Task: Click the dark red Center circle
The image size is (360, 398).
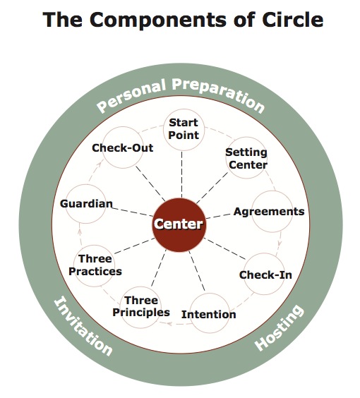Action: point(179,225)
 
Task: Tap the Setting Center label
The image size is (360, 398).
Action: point(246,159)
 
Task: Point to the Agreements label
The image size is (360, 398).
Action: point(269,211)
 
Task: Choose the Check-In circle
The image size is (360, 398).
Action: point(265,274)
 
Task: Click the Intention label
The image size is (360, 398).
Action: point(209,313)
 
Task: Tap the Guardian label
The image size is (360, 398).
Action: point(86,204)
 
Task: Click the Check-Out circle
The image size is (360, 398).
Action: point(123,148)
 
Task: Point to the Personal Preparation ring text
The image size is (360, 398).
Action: point(181,95)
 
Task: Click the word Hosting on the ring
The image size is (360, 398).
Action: point(279,327)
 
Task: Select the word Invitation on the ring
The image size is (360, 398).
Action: point(83,325)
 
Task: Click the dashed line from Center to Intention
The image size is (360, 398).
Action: point(196,272)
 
